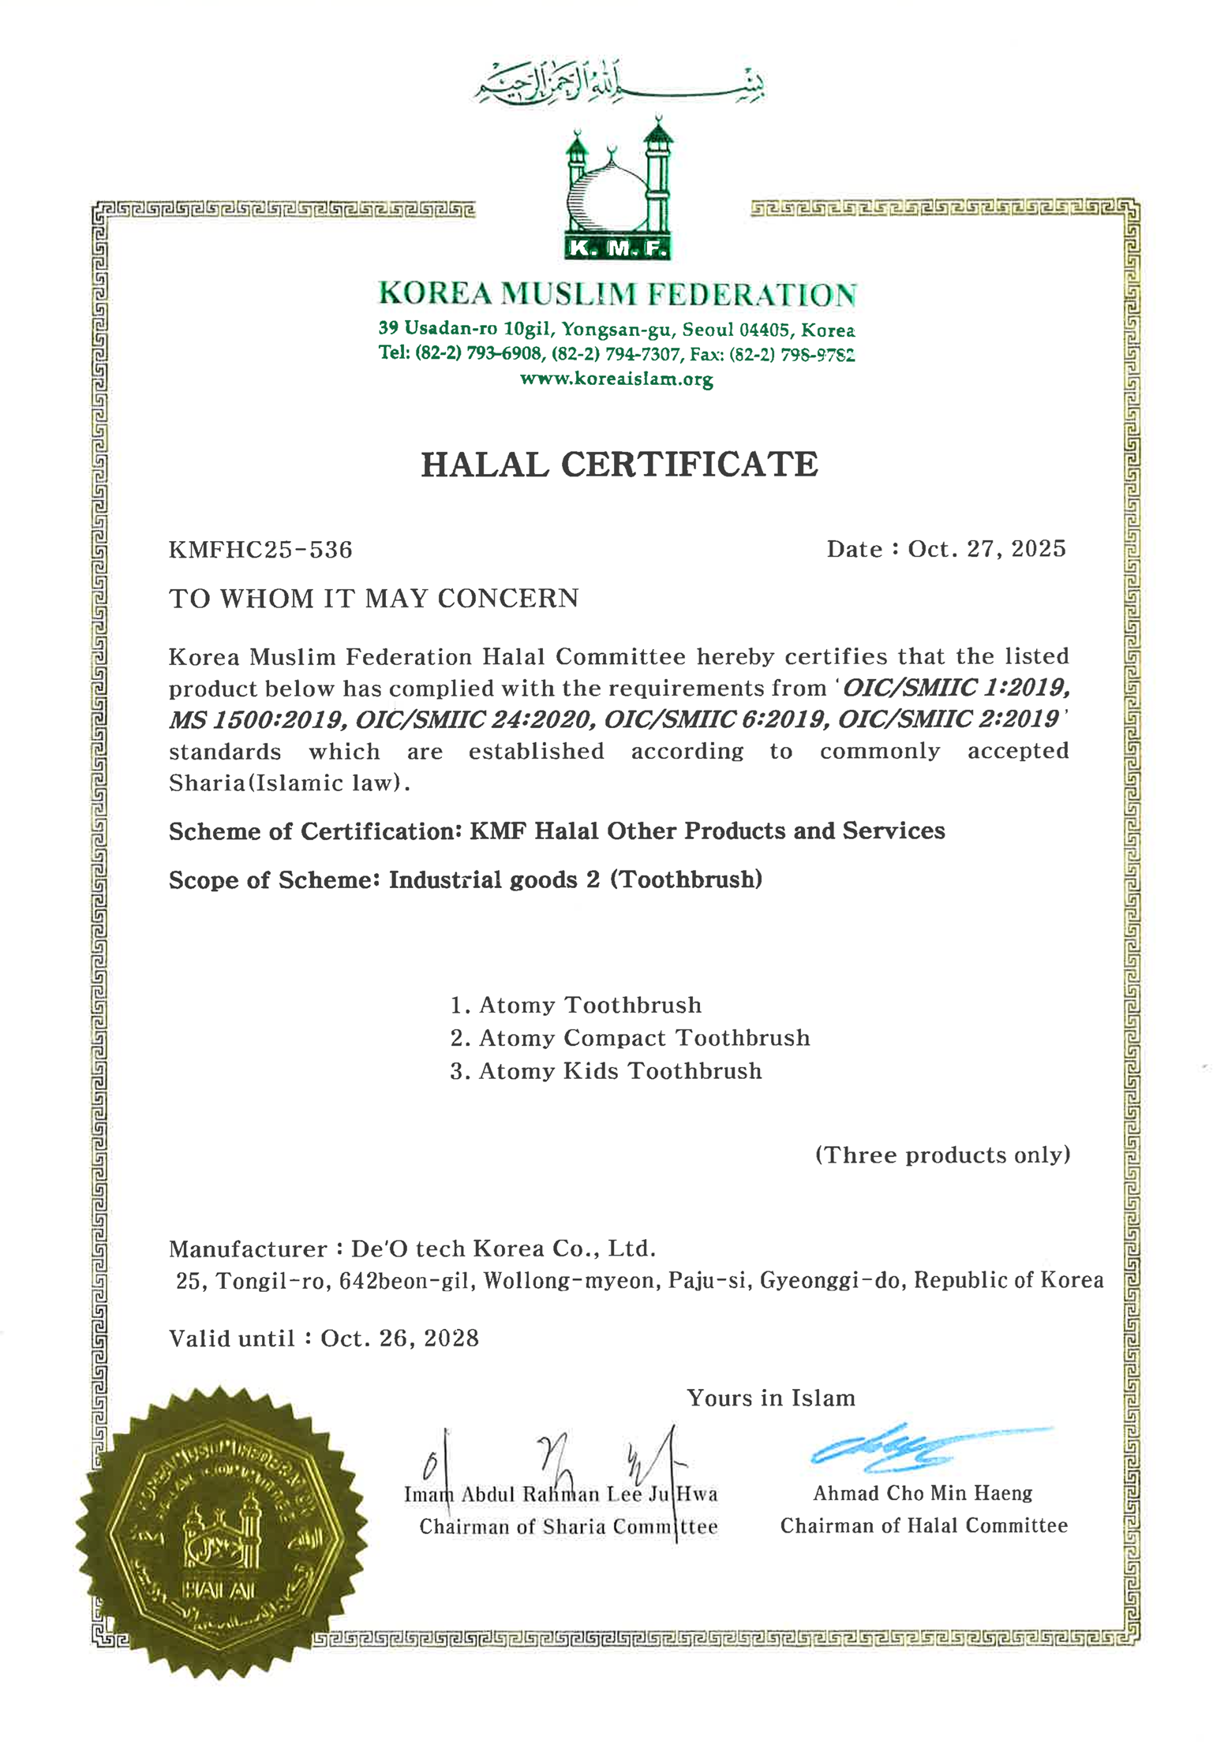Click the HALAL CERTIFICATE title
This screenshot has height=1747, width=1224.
click(x=619, y=465)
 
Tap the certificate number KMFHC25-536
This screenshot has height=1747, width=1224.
click(x=260, y=550)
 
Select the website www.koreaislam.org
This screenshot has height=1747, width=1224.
click(x=616, y=379)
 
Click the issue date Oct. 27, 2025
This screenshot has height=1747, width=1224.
click(x=986, y=549)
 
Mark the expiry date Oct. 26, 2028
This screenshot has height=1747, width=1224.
click(x=400, y=1338)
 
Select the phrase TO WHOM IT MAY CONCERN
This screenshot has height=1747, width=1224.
click(x=374, y=599)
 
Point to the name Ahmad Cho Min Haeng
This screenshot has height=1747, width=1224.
click(x=923, y=1493)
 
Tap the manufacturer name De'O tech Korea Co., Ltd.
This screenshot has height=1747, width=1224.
click(x=503, y=1249)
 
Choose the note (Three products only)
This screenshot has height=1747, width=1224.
click(x=942, y=1155)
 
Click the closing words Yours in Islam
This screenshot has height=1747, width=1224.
click(x=770, y=1398)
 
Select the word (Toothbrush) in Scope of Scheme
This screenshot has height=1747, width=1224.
click(x=686, y=879)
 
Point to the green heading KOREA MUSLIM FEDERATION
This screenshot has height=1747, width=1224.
click(x=617, y=294)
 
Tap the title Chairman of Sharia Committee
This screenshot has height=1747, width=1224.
click(x=568, y=1527)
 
